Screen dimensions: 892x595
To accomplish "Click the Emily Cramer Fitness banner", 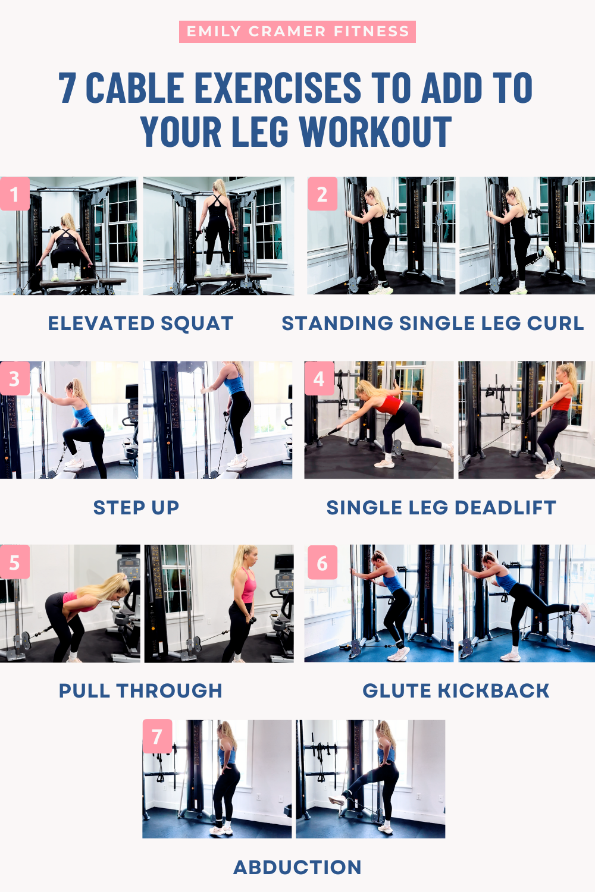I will [x=297, y=32].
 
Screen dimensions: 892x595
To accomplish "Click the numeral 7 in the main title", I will [x=67, y=88].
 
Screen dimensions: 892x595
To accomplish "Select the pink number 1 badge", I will [x=14, y=194].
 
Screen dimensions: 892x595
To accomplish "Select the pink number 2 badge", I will [x=322, y=194].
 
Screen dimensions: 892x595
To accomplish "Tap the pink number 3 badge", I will [x=14, y=378].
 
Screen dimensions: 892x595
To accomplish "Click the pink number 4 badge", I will [x=319, y=378].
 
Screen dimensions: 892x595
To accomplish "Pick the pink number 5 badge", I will [x=14, y=562].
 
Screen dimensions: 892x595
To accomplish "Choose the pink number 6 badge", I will [x=322, y=562].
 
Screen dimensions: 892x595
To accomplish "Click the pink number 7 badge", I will [x=157, y=736].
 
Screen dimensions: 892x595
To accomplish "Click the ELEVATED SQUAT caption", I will [x=140, y=323].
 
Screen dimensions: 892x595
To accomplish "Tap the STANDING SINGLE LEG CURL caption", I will [x=433, y=323].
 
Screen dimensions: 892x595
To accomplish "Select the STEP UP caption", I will [x=136, y=507].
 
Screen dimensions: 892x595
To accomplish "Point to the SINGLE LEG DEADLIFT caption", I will [x=441, y=507].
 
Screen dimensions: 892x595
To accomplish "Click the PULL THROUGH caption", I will [x=140, y=690].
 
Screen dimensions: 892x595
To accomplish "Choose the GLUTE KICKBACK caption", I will [x=456, y=690].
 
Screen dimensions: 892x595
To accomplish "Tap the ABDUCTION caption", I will [x=297, y=867].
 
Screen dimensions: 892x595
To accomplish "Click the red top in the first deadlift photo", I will [x=391, y=405].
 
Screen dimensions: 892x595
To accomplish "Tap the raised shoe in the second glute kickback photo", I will [x=584, y=612].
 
